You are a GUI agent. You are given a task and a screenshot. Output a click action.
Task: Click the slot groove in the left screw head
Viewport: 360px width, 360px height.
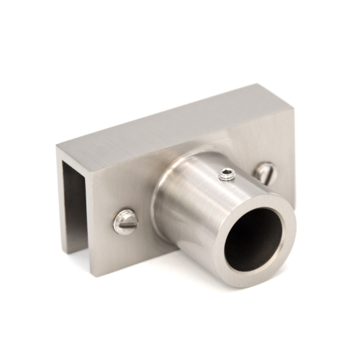click(x=124, y=221)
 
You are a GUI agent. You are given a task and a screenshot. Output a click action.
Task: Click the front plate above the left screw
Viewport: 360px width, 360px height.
click(x=119, y=191)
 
